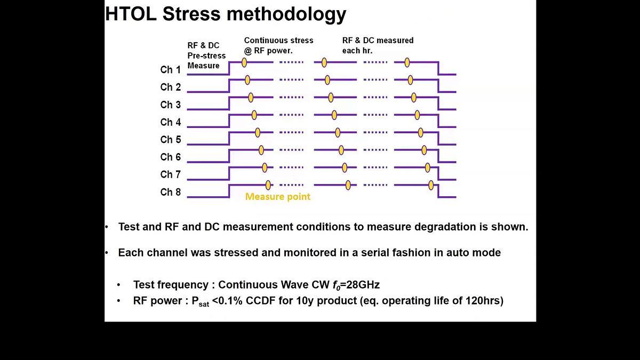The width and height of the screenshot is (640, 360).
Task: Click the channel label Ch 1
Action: [170, 70]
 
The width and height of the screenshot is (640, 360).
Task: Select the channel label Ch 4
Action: [170, 122]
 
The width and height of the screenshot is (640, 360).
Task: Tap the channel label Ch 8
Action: [170, 192]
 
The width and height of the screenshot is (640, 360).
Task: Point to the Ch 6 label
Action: [170, 157]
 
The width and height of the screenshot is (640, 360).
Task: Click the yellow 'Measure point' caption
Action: [277, 197]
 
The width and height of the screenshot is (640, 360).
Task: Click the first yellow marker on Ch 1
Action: [244, 62]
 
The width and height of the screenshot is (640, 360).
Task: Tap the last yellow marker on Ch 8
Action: [431, 185]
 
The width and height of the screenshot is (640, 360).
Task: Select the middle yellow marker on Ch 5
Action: [338, 132]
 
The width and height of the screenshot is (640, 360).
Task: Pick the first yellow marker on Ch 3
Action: [251, 98]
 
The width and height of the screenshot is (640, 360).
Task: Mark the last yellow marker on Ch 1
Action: [407, 62]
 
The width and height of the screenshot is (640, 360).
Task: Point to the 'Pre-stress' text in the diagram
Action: [206, 55]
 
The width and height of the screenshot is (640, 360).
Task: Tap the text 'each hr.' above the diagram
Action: [357, 51]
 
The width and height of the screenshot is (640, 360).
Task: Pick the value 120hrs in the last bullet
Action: [484, 301]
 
